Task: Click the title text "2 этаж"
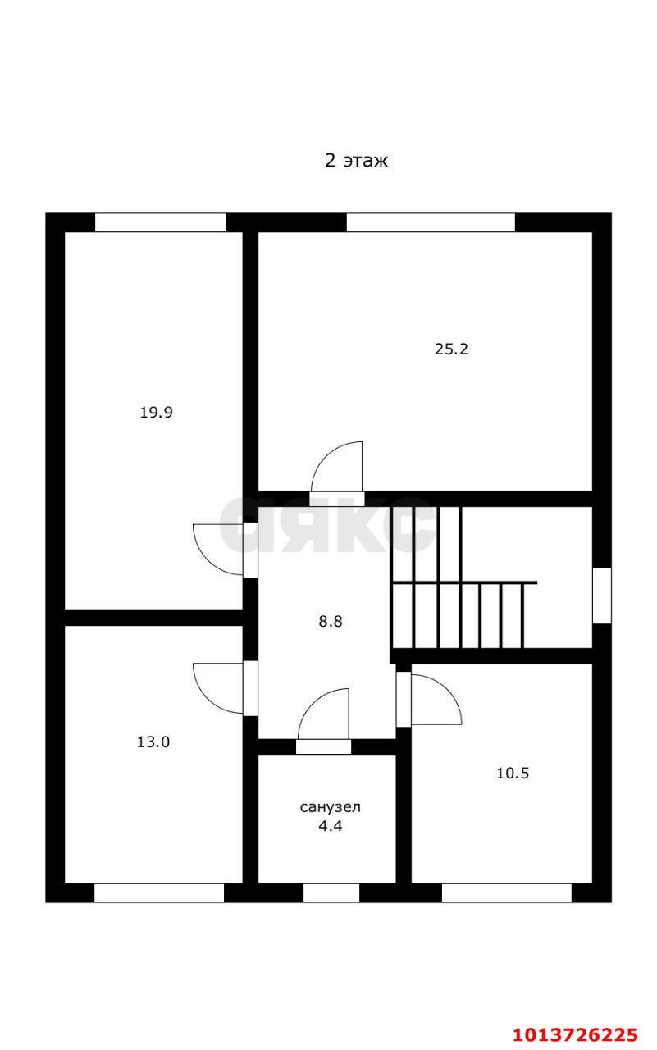(x=356, y=161)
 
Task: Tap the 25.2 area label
(x=451, y=349)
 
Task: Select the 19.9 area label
(x=156, y=413)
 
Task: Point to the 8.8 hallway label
(x=331, y=621)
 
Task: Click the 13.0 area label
(x=153, y=742)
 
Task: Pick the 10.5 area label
(x=513, y=773)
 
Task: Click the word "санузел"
(x=330, y=807)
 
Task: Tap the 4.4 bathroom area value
(x=330, y=827)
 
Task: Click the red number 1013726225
(x=575, y=1034)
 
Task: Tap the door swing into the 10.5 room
(x=435, y=700)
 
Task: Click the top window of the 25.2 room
(x=431, y=222)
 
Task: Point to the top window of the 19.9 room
(x=161, y=222)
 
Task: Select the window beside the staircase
(x=601, y=595)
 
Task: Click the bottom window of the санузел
(x=331, y=893)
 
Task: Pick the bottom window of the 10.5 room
(x=506, y=893)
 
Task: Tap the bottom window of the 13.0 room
(x=159, y=893)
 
